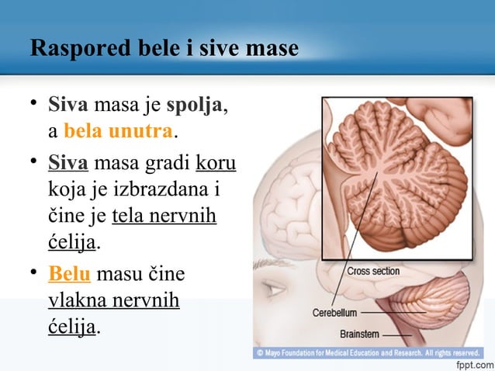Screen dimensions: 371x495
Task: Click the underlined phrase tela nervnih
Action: pos(164,215)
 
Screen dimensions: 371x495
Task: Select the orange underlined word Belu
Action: pos(67,274)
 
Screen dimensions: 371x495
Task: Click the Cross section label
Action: pos(373,272)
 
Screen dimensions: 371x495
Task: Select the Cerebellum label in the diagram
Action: pos(334,313)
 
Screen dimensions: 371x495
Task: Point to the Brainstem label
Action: pos(359,335)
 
